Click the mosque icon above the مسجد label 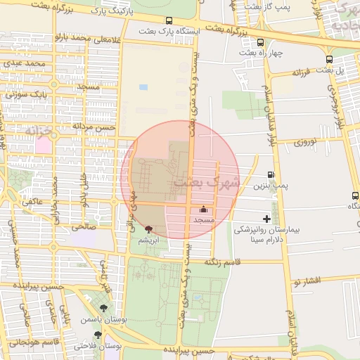pos(204,209)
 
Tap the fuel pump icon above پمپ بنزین pos(271,174)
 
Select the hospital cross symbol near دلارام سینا pos(266,219)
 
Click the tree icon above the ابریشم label pos(148,229)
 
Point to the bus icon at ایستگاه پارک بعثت pos(169,21)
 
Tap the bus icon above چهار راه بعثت pos(260,42)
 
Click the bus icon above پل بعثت pos(330,59)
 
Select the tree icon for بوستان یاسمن pos(105,308)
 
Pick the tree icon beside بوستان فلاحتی pos(87,335)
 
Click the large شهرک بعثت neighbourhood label pos(206,183)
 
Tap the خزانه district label pos(41,131)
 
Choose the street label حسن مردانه pos(94,127)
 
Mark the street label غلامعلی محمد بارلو pos(84,40)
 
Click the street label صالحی pos(82,226)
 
